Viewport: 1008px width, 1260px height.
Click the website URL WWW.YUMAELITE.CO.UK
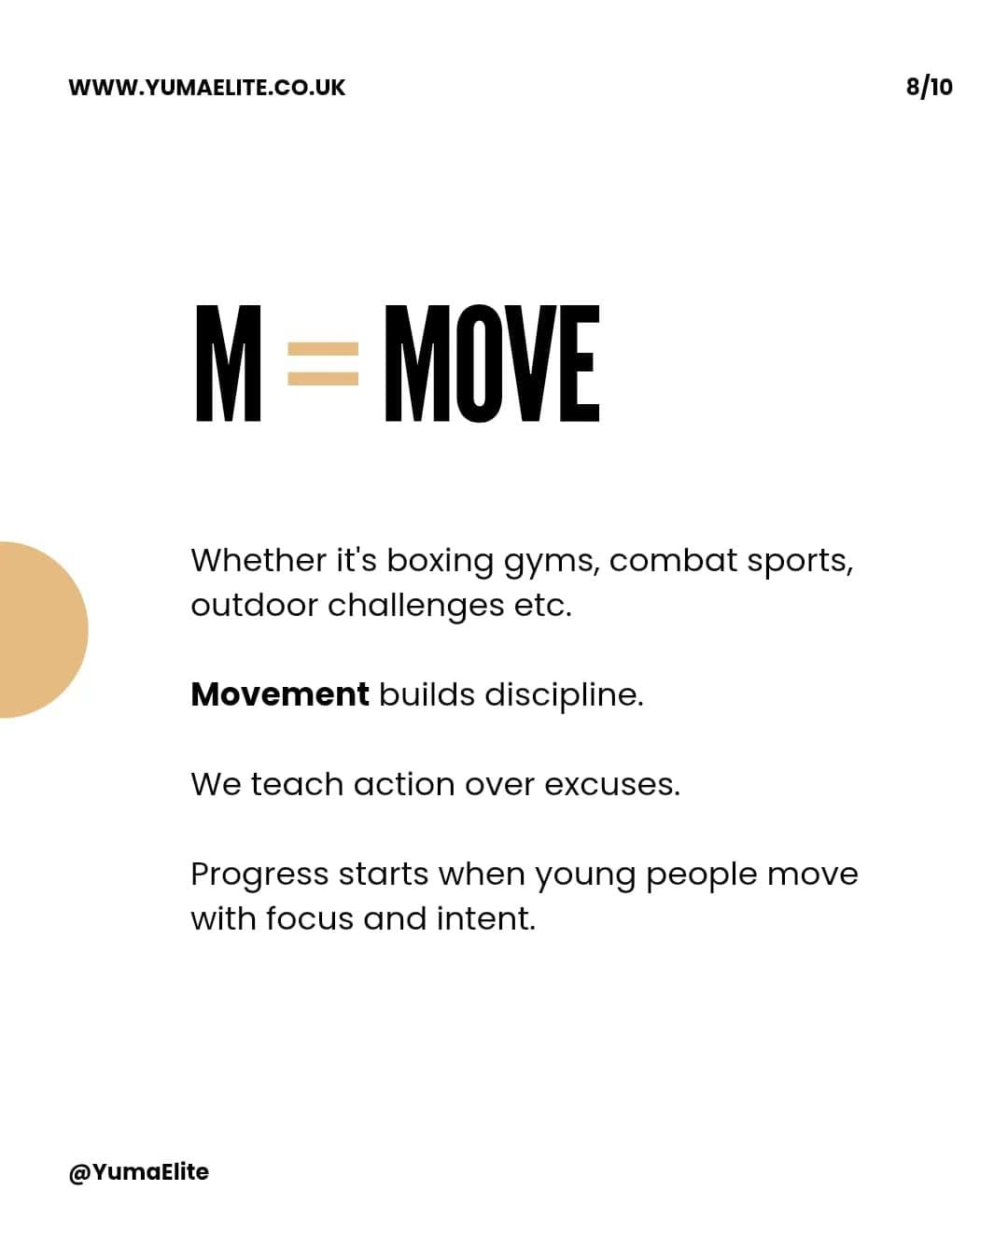(207, 87)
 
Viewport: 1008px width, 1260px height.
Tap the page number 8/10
(929, 87)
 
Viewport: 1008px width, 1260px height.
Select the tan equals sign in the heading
(323, 364)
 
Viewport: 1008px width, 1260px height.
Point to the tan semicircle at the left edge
(41, 629)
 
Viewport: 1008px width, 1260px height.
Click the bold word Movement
(280, 694)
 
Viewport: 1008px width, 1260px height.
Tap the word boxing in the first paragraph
(440, 562)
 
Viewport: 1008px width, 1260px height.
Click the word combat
(673, 560)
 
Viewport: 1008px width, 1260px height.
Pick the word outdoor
(254, 605)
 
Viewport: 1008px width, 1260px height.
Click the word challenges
(415, 607)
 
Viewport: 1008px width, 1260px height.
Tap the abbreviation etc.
(542, 607)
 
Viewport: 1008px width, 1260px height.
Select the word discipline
(564, 695)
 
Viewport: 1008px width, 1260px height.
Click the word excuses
(612, 785)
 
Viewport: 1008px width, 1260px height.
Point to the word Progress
(259, 875)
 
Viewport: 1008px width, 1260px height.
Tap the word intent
(486, 918)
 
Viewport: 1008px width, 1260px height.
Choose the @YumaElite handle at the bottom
(139, 1172)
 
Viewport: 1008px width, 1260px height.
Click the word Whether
(259, 560)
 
